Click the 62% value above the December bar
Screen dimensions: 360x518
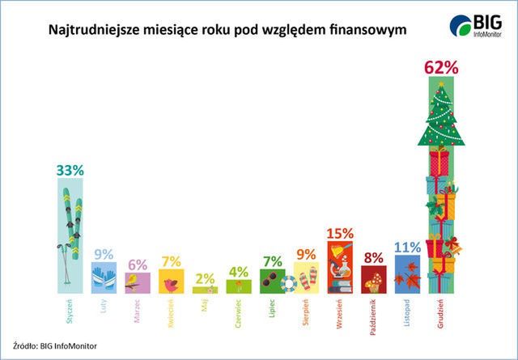pos(441,68)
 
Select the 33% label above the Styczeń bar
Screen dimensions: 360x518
pos(70,170)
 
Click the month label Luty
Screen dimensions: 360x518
pos(104,308)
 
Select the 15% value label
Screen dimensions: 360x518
pos(340,233)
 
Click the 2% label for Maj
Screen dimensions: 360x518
pos(205,278)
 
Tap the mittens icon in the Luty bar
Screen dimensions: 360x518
pos(104,278)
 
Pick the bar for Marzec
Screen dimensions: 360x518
pos(138,282)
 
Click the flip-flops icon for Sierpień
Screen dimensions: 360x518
pos(307,280)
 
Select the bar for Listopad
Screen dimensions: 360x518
pos(407,275)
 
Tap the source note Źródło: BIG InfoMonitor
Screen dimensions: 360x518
pos(55,345)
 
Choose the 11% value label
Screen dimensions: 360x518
pos(407,248)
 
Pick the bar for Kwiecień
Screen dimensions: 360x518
pos(172,282)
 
